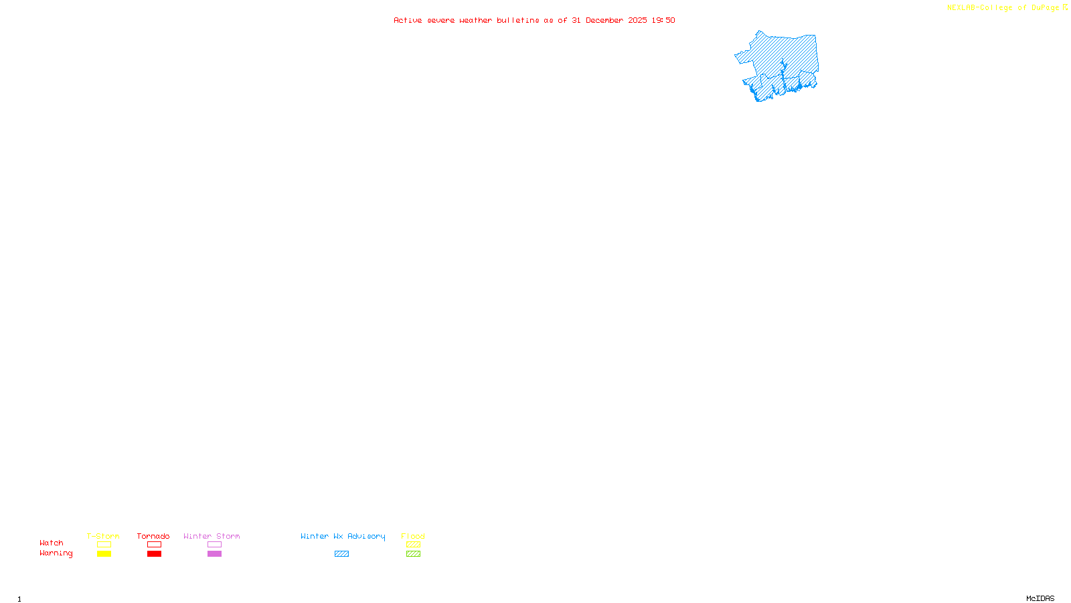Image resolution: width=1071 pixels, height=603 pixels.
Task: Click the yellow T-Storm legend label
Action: pyautogui.click(x=103, y=536)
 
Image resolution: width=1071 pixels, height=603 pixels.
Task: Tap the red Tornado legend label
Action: pyautogui.click(x=153, y=536)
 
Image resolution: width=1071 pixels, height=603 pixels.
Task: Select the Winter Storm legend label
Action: pyautogui.click(x=212, y=536)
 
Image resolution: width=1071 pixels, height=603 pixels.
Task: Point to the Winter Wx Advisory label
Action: pyautogui.click(x=343, y=536)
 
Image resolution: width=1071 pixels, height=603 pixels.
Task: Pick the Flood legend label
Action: pyautogui.click(x=413, y=536)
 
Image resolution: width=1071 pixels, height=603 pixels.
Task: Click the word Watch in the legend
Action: pyautogui.click(x=52, y=543)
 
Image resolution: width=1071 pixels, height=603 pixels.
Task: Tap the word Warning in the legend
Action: pyautogui.click(x=56, y=553)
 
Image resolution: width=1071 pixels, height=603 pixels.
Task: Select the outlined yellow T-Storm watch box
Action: pyautogui.click(x=104, y=545)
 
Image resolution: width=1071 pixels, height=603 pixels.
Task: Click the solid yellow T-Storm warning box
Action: pyautogui.click(x=104, y=554)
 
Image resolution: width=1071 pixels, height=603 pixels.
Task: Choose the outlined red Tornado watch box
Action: pyautogui.click(x=154, y=545)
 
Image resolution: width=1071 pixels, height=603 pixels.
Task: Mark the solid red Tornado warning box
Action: pyautogui.click(x=154, y=554)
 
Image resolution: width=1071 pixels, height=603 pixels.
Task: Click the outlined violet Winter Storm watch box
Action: pyautogui.click(x=214, y=545)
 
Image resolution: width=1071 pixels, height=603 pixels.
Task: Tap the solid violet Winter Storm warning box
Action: pyautogui.click(x=214, y=554)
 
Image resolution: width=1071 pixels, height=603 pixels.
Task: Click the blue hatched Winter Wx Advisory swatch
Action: pyautogui.click(x=341, y=554)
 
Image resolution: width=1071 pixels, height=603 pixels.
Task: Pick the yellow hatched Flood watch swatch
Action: pyautogui.click(x=413, y=545)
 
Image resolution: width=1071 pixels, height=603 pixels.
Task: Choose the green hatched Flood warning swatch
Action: pyautogui.click(x=413, y=554)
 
